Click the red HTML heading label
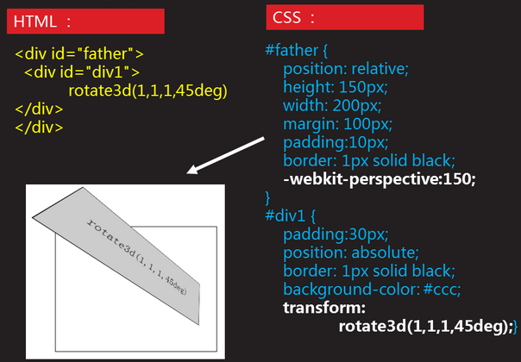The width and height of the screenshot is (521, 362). [x=85, y=22]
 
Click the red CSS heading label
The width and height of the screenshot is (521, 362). [x=345, y=17]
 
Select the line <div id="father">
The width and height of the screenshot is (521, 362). [x=79, y=53]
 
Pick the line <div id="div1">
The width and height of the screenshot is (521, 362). [x=82, y=72]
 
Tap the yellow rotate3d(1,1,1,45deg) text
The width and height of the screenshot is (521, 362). [x=148, y=90]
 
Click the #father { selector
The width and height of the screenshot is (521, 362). [x=297, y=51]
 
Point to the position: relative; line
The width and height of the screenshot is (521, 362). [x=346, y=69]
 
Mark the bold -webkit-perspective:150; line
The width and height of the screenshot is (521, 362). [x=380, y=179]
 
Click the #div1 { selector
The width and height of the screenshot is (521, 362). [x=291, y=215]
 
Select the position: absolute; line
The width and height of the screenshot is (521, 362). [x=351, y=253]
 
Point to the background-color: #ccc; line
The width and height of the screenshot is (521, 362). [x=372, y=290]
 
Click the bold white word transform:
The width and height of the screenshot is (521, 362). [x=324, y=308]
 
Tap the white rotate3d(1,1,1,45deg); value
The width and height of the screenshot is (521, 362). [x=426, y=327]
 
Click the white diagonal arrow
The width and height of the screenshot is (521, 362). [x=226, y=155]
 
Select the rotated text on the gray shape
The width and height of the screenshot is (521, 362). [x=136, y=256]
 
